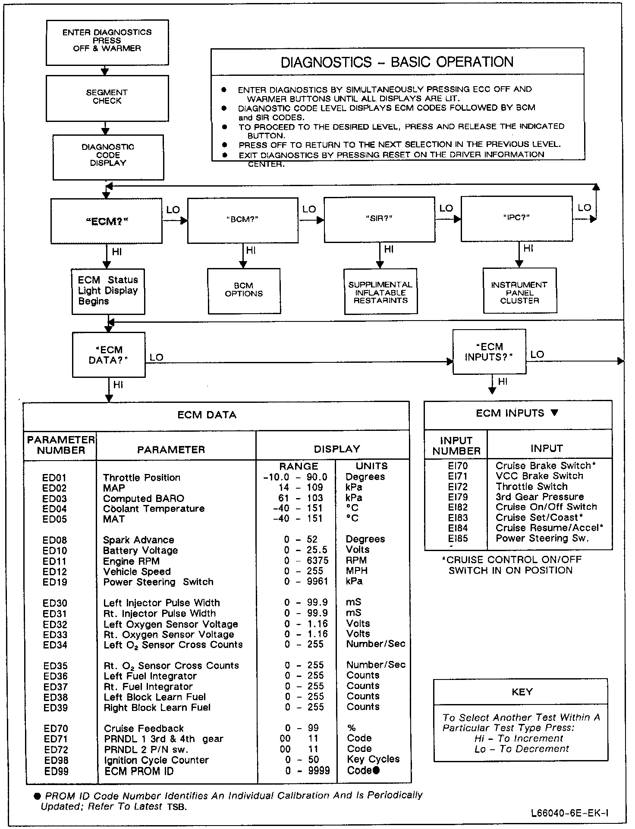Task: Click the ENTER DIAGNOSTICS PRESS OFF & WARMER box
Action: (107, 42)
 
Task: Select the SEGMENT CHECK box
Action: (107, 98)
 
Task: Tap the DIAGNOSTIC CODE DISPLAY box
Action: (108, 157)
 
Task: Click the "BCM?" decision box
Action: (242, 220)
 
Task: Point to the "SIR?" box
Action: (379, 219)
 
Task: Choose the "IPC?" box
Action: (516, 218)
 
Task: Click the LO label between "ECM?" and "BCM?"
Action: (173, 210)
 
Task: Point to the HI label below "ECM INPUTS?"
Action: (503, 382)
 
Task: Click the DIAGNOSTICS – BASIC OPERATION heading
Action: (397, 62)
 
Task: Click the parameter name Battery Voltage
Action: (140, 551)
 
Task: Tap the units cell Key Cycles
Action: (373, 759)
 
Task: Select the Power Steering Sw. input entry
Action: (542, 538)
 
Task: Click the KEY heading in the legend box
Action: (522, 692)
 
